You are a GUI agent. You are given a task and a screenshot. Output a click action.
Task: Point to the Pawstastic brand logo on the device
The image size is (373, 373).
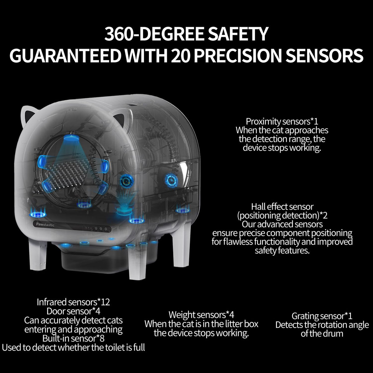click(x=45, y=224)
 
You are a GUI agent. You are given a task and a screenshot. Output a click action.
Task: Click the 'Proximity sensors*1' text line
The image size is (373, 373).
click(x=282, y=122)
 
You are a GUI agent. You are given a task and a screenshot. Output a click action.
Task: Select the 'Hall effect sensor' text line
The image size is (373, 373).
click(x=282, y=207)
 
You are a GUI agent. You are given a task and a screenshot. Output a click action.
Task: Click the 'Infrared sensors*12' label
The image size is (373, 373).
click(x=73, y=302)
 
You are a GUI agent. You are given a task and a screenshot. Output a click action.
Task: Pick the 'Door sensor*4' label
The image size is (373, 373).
click(x=73, y=311)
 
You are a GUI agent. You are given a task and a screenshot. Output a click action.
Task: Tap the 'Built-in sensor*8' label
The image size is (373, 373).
click(x=73, y=338)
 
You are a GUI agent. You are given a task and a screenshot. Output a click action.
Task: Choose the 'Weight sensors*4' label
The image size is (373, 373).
click(x=201, y=315)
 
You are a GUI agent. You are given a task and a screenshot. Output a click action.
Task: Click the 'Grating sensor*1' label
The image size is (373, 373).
click(x=322, y=316)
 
